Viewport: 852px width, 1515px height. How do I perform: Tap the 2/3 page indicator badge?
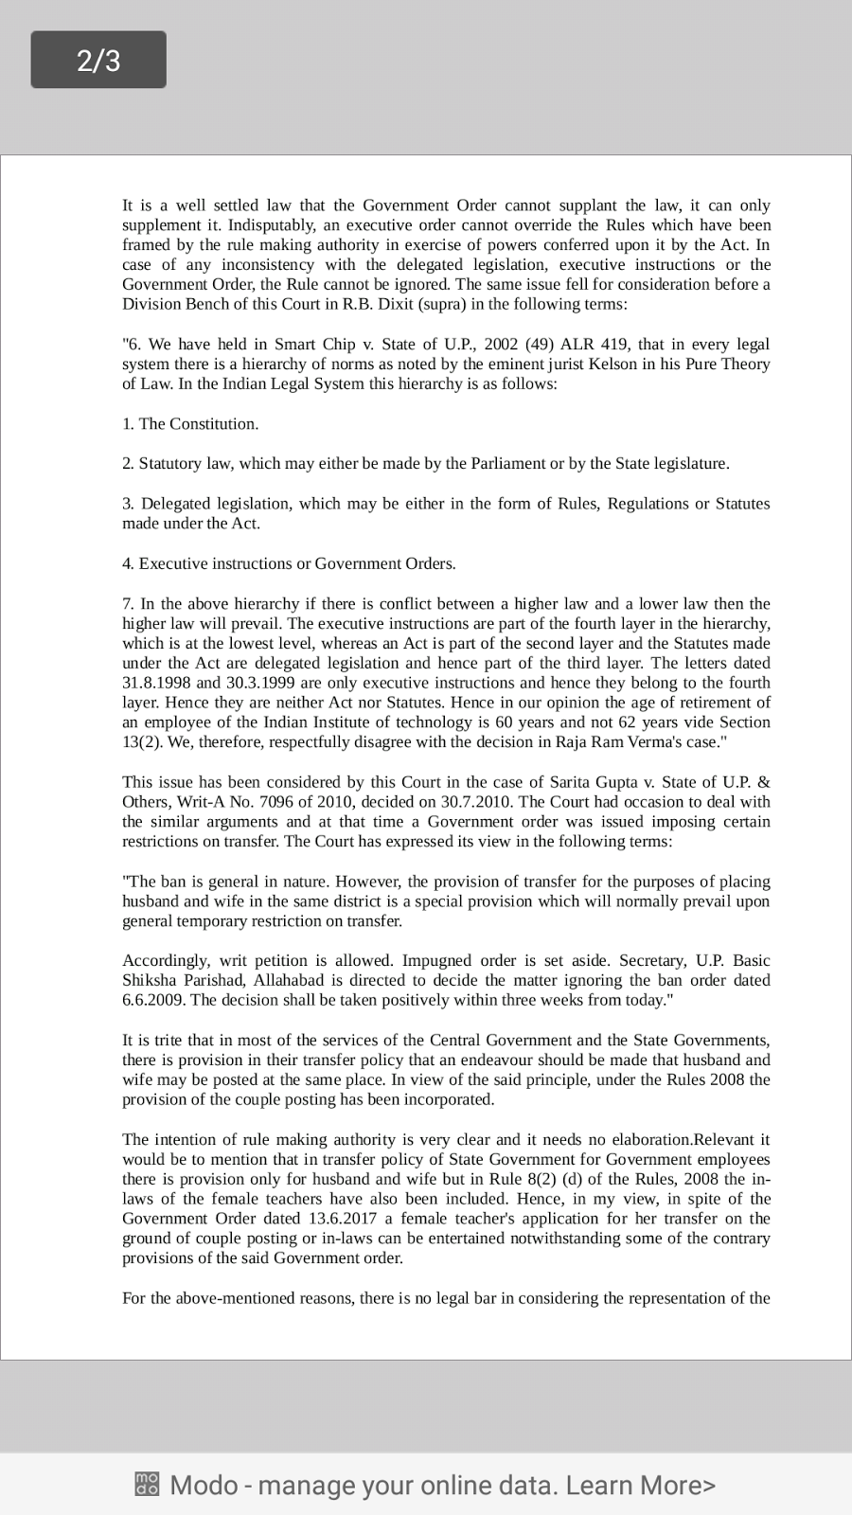point(98,60)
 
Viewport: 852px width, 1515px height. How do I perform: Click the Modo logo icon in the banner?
point(147,1484)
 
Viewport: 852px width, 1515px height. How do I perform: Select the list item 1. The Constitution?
point(190,423)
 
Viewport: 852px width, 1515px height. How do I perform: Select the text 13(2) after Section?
point(142,741)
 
